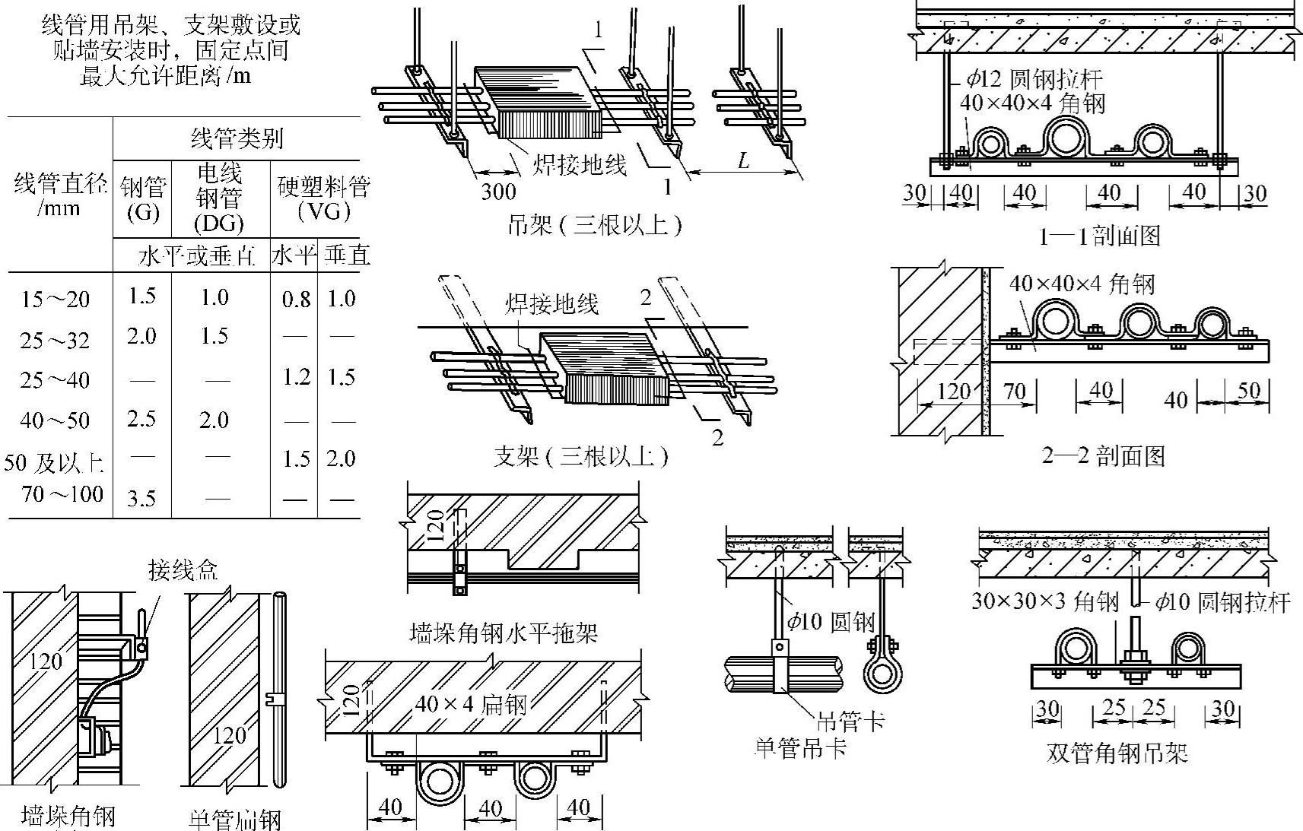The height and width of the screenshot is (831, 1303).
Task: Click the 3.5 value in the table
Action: pyautogui.click(x=141, y=499)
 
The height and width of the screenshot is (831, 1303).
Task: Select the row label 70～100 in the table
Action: pyautogui.click(x=62, y=494)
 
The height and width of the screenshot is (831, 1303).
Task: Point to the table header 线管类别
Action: pyautogui.click(x=237, y=138)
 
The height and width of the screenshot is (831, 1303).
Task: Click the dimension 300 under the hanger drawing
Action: pyautogui.click(x=498, y=191)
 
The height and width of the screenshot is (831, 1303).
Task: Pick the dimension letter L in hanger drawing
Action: pyautogui.click(x=743, y=160)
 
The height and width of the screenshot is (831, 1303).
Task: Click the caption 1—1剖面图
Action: pyautogui.click(x=1099, y=236)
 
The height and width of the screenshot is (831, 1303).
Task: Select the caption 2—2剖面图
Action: pyautogui.click(x=1103, y=455)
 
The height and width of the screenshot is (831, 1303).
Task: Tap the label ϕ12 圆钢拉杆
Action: pyautogui.click(x=1034, y=78)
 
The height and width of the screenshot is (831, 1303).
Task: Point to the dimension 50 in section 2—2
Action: pyautogui.click(x=1248, y=390)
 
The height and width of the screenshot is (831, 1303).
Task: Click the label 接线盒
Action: pyautogui.click(x=183, y=569)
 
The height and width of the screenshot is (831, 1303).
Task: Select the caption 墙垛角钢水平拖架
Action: pyautogui.click(x=503, y=632)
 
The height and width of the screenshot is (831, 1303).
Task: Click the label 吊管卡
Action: pyautogui.click(x=850, y=719)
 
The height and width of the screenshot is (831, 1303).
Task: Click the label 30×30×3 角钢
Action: pyautogui.click(x=1045, y=603)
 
